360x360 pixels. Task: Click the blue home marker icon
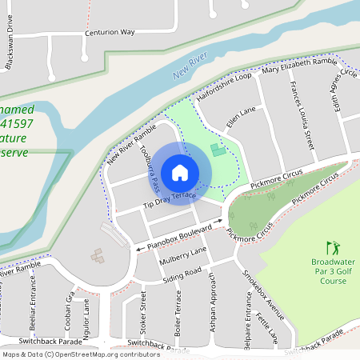coord(179,172)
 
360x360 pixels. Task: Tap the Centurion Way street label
coord(110,34)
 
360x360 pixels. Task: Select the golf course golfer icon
coord(333,249)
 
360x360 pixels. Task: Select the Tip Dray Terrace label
coord(169,200)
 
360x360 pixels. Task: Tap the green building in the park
coord(217,150)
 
